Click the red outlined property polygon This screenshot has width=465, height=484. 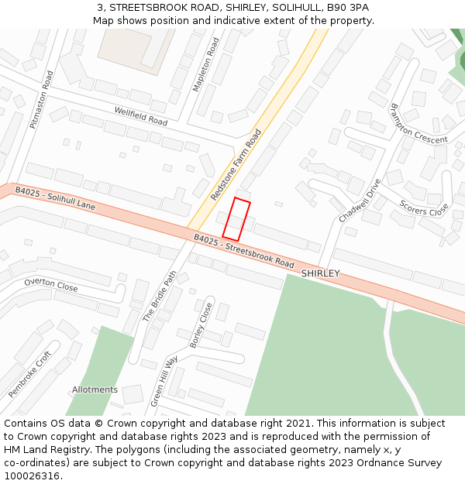[236, 219]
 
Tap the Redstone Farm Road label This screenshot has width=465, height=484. [236, 165]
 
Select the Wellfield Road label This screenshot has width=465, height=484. [140, 116]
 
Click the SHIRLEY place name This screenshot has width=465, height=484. [320, 273]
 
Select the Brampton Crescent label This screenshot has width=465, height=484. [418, 124]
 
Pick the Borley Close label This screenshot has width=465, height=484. [201, 324]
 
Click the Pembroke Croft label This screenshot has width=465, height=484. [29, 374]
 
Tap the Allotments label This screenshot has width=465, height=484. [95, 390]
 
